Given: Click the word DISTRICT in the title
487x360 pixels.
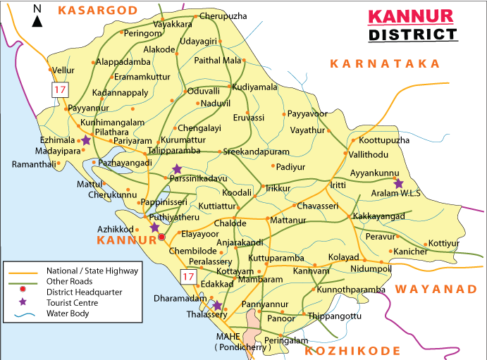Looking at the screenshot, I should point(412,35).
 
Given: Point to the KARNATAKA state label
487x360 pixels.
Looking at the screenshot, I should point(385,63).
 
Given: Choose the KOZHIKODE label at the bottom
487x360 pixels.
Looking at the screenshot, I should point(354,350).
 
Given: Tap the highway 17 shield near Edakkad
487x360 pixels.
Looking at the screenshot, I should point(187,277).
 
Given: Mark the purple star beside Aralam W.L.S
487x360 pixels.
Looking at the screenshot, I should point(398,184).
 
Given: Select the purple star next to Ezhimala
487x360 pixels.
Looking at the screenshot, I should point(86,141).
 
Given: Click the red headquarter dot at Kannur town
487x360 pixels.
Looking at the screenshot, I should point(161,237).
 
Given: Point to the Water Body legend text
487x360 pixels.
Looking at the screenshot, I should point(68,314).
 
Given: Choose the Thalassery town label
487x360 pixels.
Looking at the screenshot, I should point(205,315).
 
